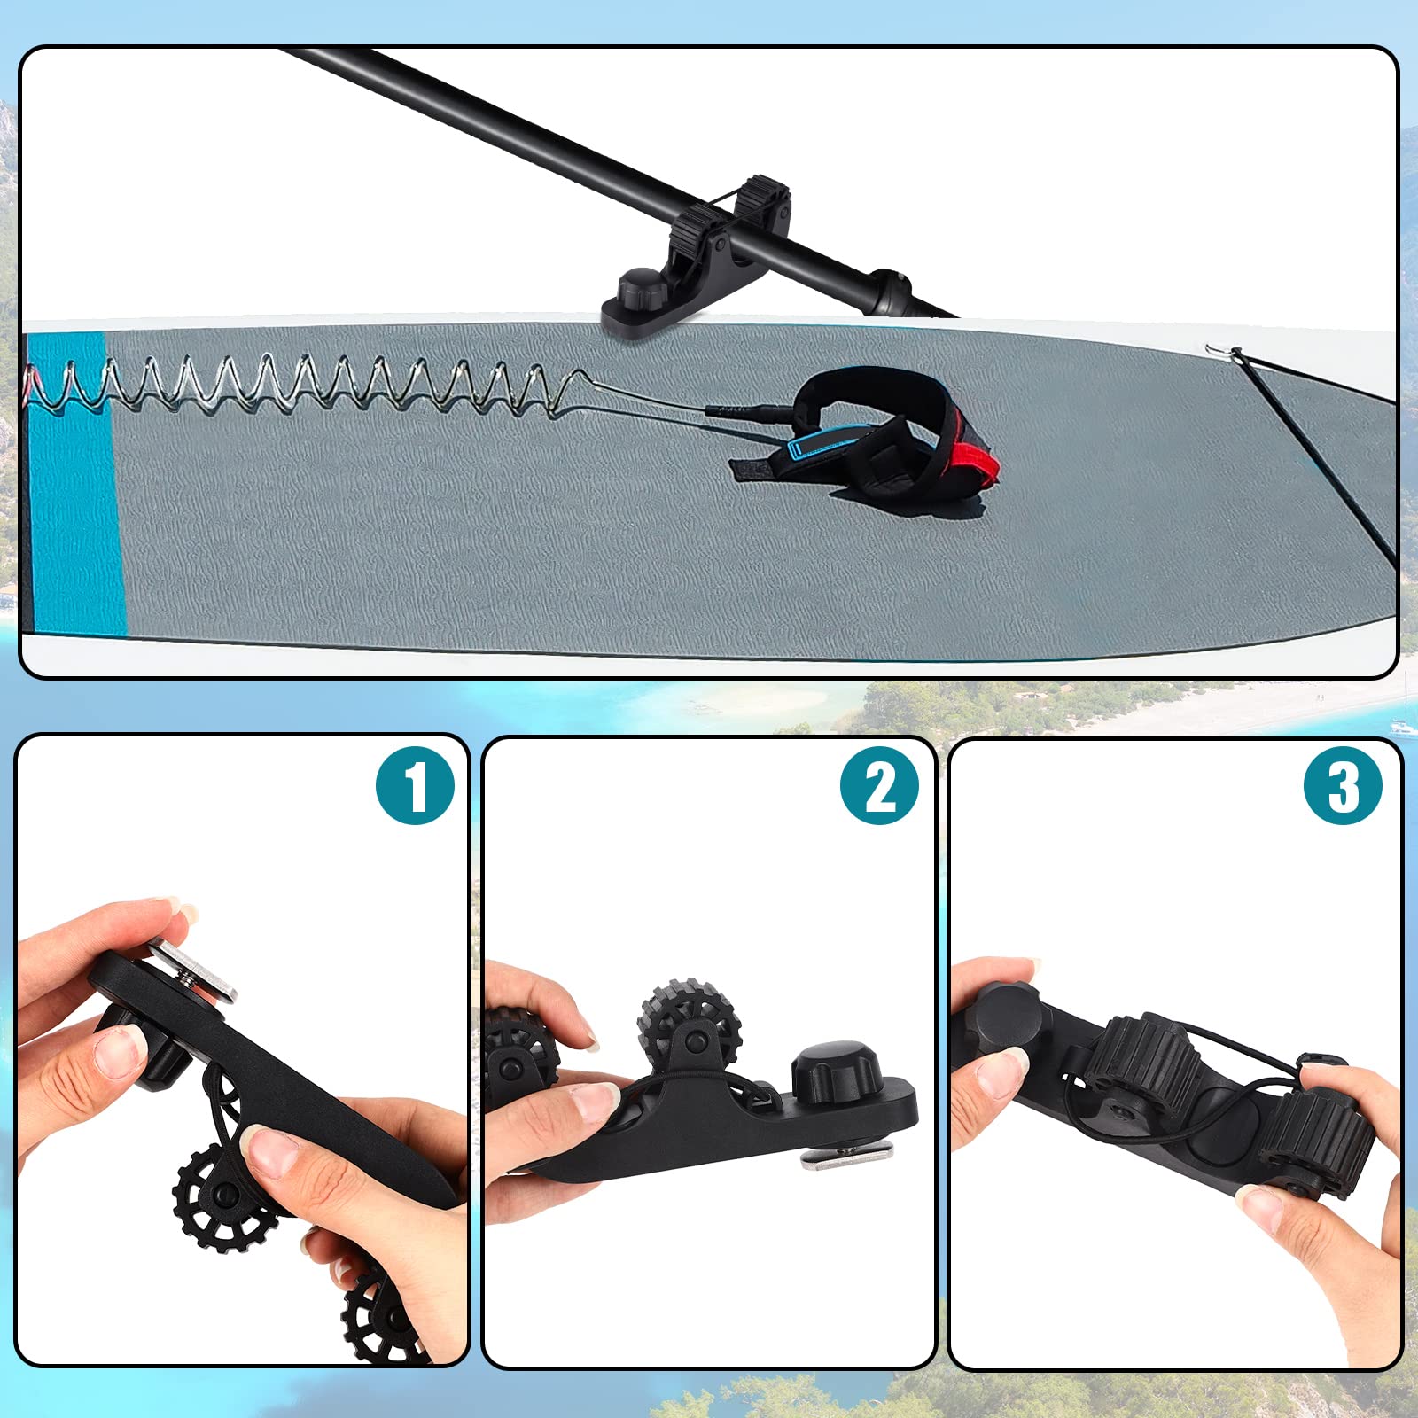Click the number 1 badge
pos(415,786)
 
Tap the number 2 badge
pos(880,786)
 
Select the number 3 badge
pos(1344,786)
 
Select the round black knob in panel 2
pos(834,1070)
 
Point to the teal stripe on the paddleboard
pos(75,483)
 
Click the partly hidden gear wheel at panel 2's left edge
pos(520,1054)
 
